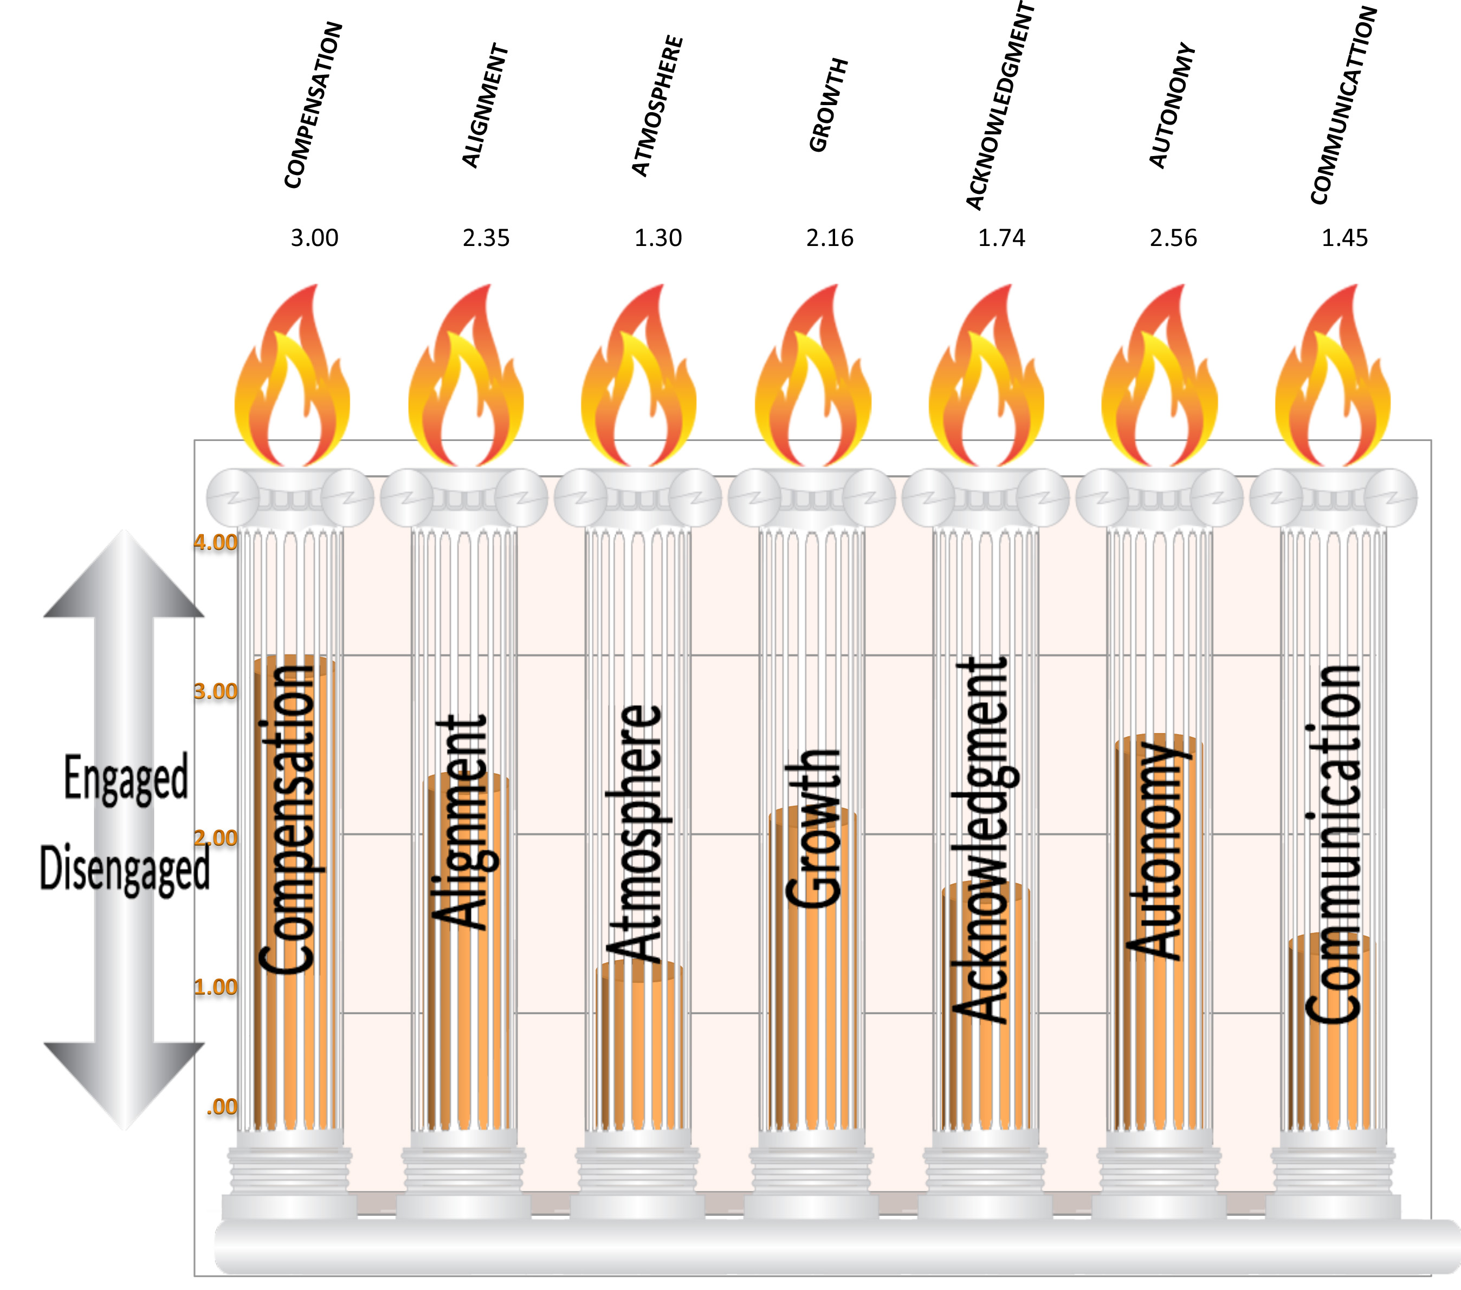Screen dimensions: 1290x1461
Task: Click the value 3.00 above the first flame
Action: pos(314,237)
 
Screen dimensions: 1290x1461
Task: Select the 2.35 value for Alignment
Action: pos(486,237)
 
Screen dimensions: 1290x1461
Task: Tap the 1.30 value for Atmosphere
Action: pos(658,237)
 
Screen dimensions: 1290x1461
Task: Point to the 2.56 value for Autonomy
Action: pos(1173,237)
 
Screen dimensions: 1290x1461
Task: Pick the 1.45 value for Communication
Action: pos(1344,237)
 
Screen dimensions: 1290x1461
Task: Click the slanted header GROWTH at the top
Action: pos(829,105)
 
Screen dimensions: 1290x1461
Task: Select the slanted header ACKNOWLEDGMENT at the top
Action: pos(1000,107)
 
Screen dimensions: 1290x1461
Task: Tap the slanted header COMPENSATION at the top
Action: pos(314,105)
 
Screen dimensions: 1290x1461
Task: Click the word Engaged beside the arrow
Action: pos(126,777)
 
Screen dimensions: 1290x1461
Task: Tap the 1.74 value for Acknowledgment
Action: pos(1001,237)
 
